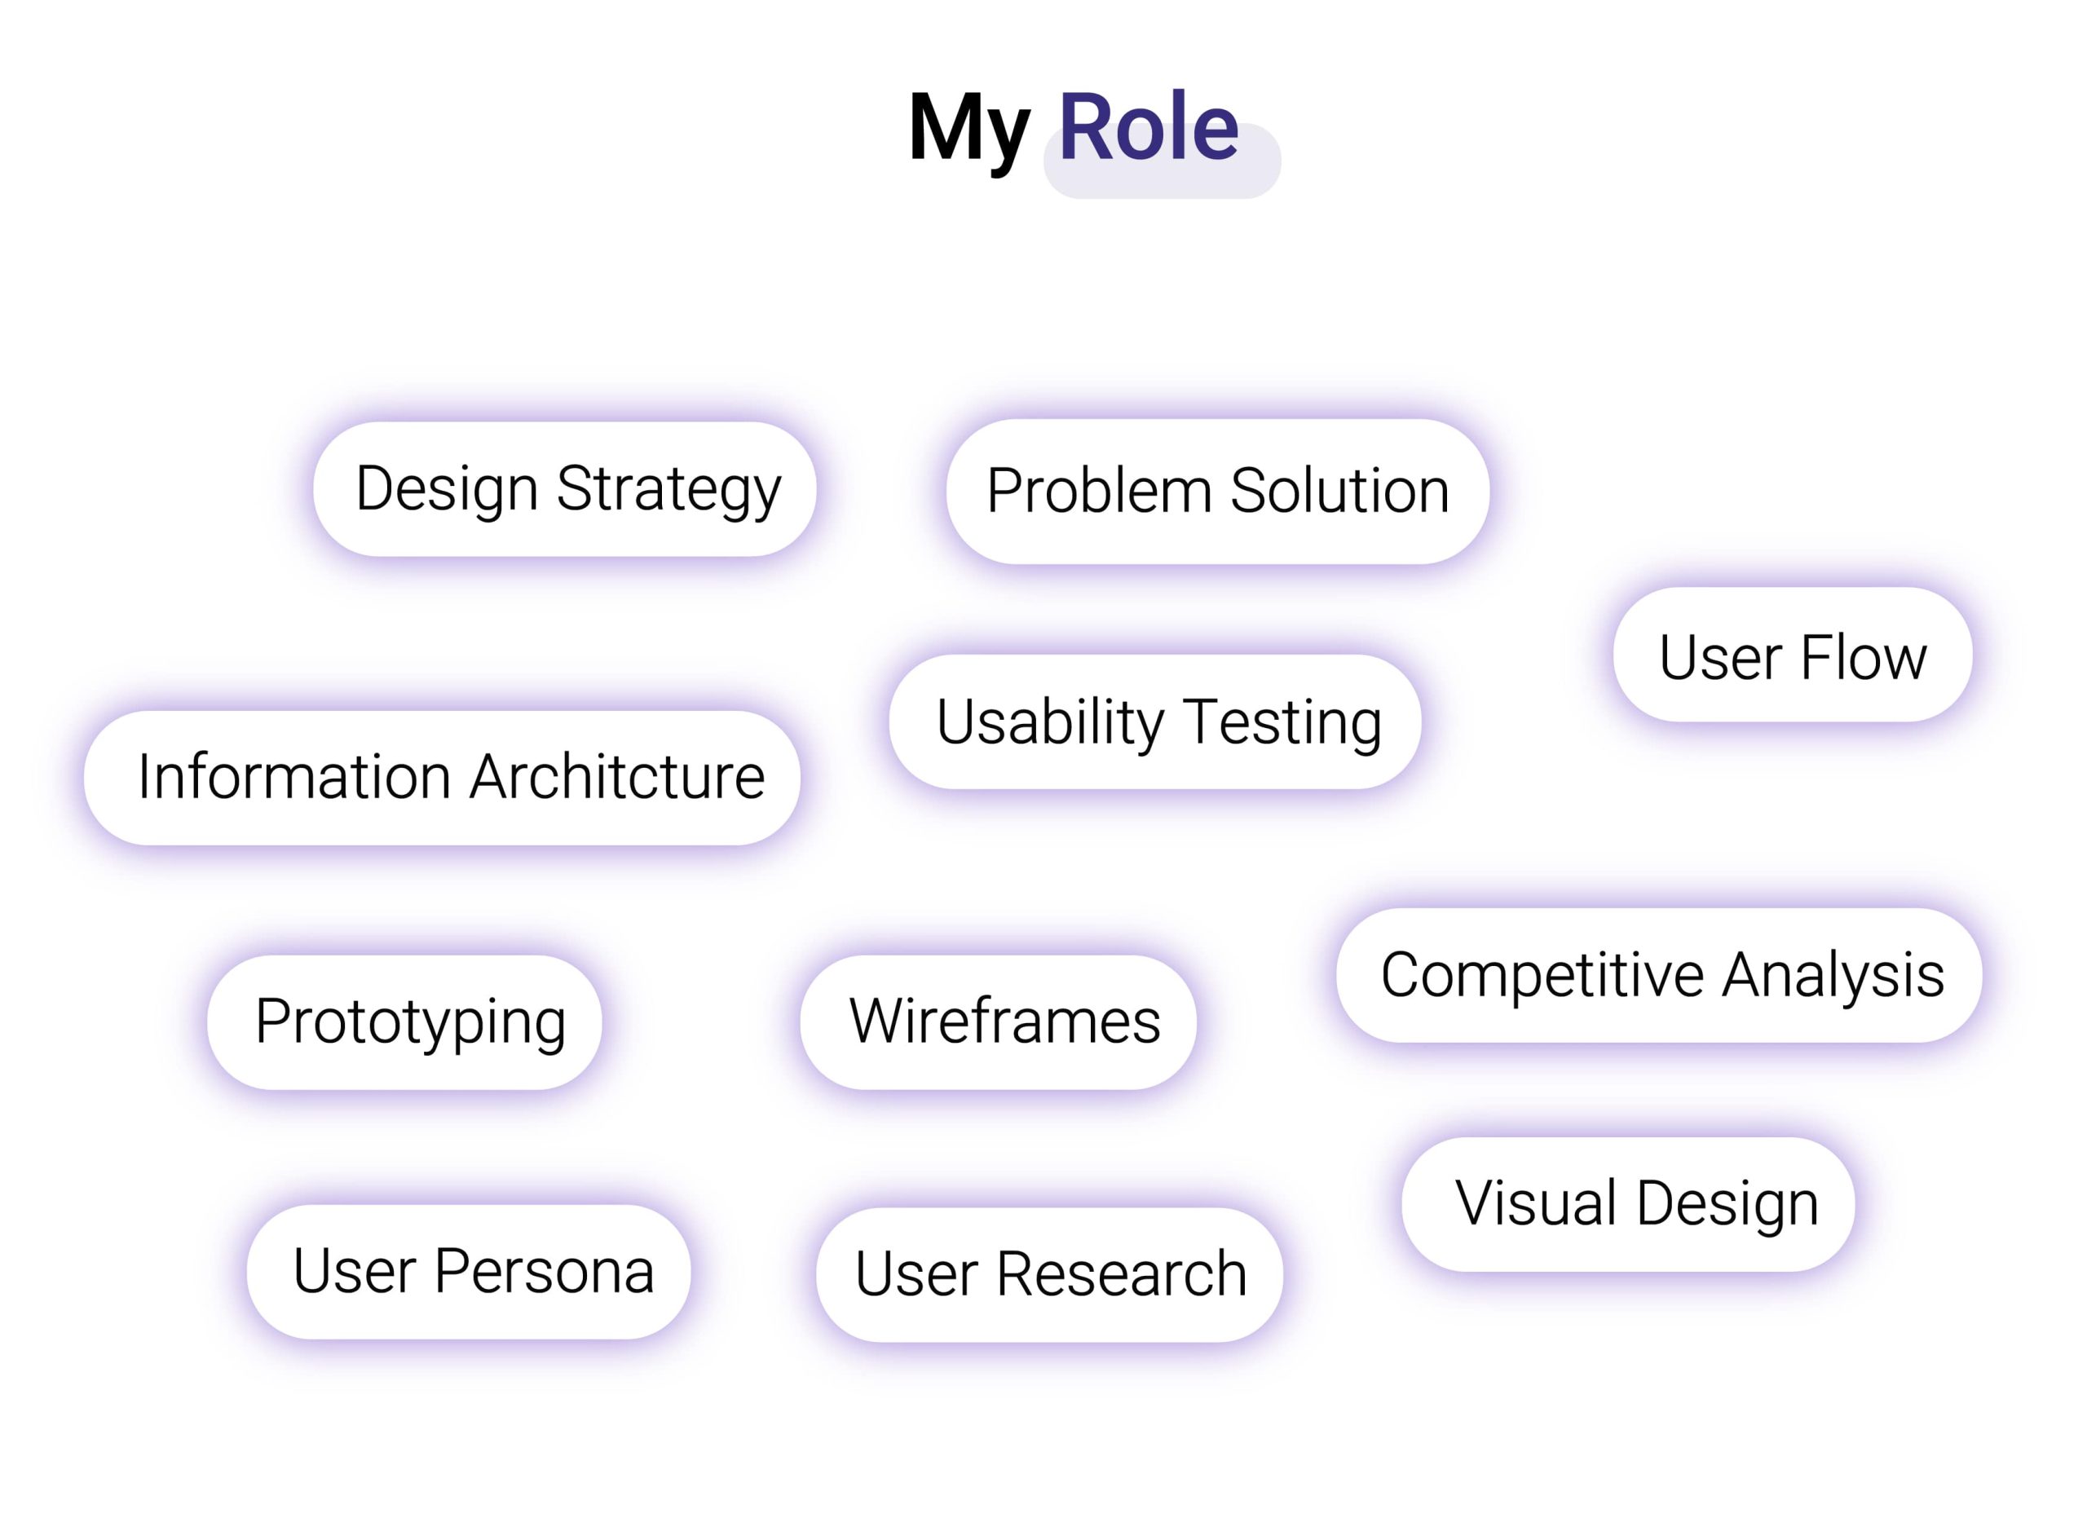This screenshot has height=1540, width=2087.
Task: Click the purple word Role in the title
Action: point(1149,127)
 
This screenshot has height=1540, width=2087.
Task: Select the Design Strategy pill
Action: point(565,489)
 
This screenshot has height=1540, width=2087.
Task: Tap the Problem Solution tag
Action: point(1217,492)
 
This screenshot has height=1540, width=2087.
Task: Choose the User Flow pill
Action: point(1793,655)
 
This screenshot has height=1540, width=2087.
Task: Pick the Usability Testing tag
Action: point(1155,721)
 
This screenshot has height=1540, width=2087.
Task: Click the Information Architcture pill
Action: point(442,778)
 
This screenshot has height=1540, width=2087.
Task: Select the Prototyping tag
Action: point(404,1022)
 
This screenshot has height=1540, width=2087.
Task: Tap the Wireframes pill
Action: point(999,1022)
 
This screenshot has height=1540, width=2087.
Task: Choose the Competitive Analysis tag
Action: point(1659,975)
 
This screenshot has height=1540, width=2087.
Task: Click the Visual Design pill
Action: point(1628,1204)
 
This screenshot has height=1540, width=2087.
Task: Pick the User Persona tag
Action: point(469,1272)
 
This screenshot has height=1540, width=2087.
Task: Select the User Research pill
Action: point(1049,1274)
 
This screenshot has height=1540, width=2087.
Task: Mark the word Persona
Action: point(545,1272)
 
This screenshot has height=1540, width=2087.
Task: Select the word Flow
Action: point(1864,657)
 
